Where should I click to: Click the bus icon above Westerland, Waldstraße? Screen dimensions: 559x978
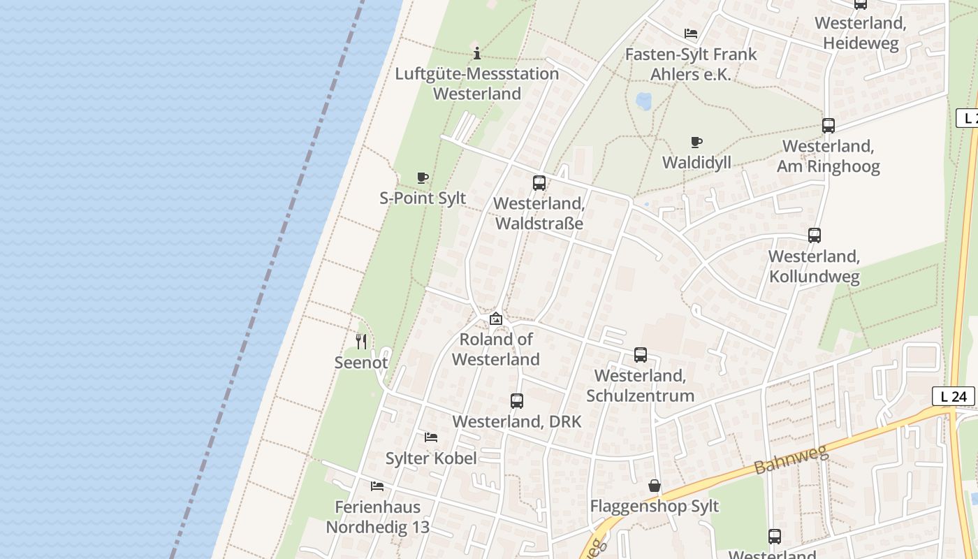pyautogui.click(x=539, y=183)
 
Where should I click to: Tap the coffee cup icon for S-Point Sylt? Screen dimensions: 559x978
pyautogui.click(x=422, y=177)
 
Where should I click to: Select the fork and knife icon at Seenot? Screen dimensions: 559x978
pyautogui.click(x=361, y=341)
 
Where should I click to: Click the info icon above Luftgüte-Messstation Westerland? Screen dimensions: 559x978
pyautogui.click(x=477, y=53)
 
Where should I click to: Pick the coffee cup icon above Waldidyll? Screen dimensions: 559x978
pyautogui.click(x=696, y=143)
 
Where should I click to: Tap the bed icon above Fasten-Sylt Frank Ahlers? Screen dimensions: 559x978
pyautogui.click(x=691, y=34)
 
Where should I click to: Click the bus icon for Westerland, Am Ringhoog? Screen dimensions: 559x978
pyautogui.click(x=829, y=126)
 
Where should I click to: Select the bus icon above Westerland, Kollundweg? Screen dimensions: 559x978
pyautogui.click(x=815, y=235)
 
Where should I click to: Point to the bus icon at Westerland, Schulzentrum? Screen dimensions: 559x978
pyautogui.click(x=641, y=355)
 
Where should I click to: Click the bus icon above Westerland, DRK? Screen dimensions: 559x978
pyautogui.click(x=517, y=401)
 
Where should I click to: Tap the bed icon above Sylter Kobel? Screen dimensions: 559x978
pyautogui.click(x=431, y=437)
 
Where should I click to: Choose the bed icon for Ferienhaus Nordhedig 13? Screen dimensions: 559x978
pyautogui.click(x=377, y=486)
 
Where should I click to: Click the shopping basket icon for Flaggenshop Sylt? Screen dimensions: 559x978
pyautogui.click(x=655, y=486)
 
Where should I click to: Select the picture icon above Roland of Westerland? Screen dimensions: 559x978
pyautogui.click(x=496, y=319)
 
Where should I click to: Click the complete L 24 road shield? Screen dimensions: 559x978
pyautogui.click(x=953, y=396)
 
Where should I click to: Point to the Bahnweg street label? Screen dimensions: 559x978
pyautogui.click(x=792, y=459)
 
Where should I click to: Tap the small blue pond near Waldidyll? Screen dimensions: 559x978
pyautogui.click(x=643, y=101)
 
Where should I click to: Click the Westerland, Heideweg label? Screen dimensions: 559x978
pyautogui.click(x=861, y=33)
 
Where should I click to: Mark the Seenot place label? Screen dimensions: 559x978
pyautogui.click(x=361, y=363)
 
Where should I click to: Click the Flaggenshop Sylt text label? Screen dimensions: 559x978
pyautogui.click(x=655, y=506)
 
